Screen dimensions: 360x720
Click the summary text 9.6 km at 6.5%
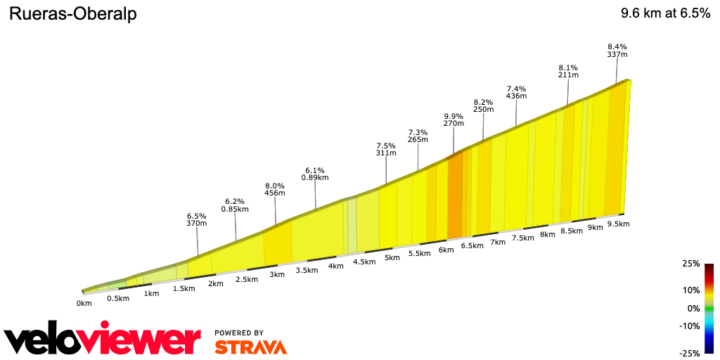pos(665,14)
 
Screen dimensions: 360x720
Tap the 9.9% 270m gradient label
pos(454,120)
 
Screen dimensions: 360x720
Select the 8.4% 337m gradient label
pos(617,51)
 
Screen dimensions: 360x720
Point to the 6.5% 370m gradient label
pos(197,219)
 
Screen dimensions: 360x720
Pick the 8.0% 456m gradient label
pos(274,189)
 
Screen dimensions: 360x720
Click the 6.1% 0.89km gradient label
pos(315,174)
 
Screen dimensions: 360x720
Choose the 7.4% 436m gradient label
pos(516,92)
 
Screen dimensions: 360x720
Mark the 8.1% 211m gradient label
pos(568,71)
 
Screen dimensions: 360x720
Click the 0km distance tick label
pos(84,304)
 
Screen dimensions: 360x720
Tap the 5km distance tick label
pos(392,257)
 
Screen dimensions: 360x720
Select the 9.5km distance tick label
pos(618,224)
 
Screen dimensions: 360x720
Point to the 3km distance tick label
pos(276,274)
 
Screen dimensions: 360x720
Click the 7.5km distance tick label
pos(522,238)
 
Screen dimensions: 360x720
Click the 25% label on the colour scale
pos(691,264)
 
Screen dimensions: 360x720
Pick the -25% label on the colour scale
pos(690,353)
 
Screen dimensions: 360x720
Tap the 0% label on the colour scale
pos(693,308)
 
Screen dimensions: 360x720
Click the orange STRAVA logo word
pos(250,347)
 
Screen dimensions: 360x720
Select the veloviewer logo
pos(103,340)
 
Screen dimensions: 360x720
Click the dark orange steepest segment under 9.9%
pos(455,197)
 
